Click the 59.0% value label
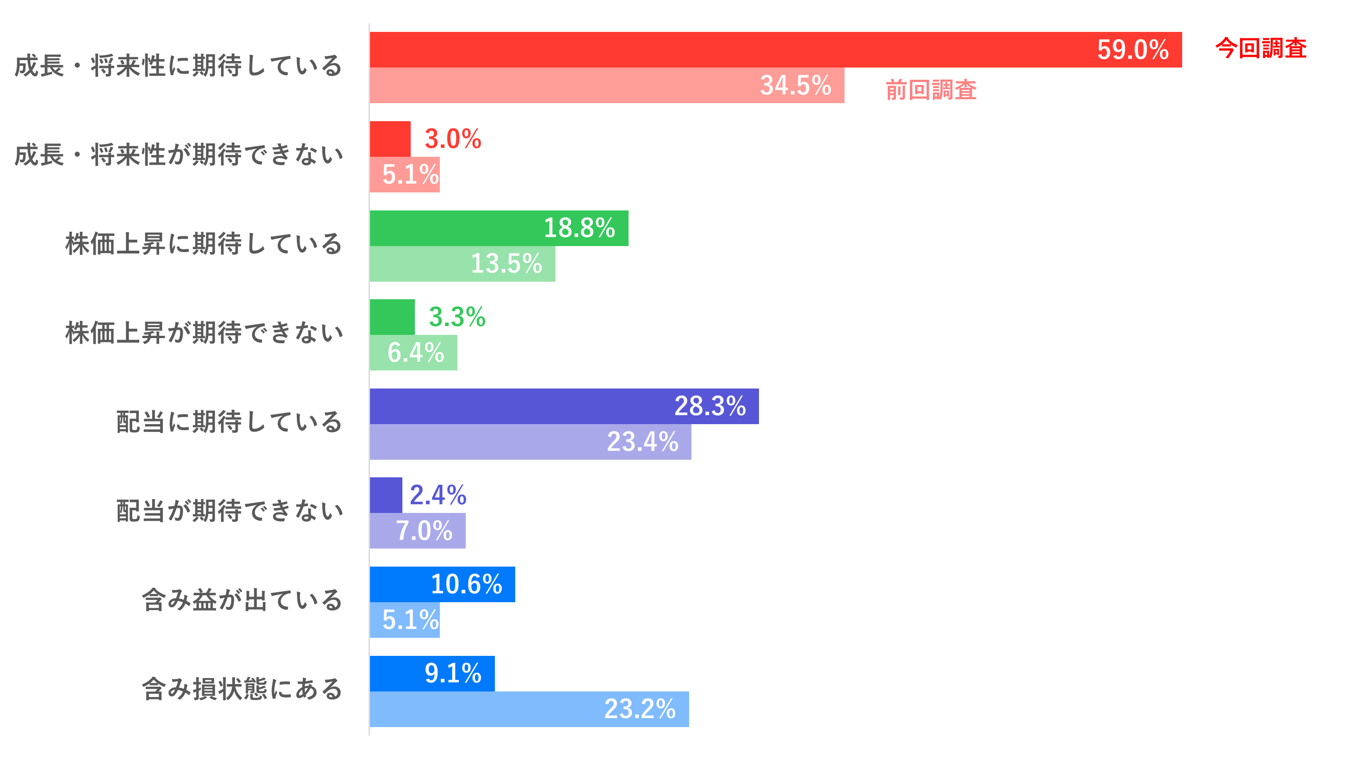[1133, 50]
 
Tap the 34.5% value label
[796, 85]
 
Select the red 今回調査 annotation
[1261, 49]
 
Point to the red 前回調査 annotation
[931, 90]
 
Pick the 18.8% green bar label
[579, 228]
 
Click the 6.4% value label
[416, 352]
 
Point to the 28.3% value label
[709, 406]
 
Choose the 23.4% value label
[642, 441]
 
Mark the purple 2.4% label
[438, 495]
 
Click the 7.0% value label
[424, 531]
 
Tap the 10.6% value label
[466, 584]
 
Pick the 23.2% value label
[640, 709]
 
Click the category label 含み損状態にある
[242, 690]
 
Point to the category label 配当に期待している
[229, 422]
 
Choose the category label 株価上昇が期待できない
[204, 333]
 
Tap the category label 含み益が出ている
[242, 600]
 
